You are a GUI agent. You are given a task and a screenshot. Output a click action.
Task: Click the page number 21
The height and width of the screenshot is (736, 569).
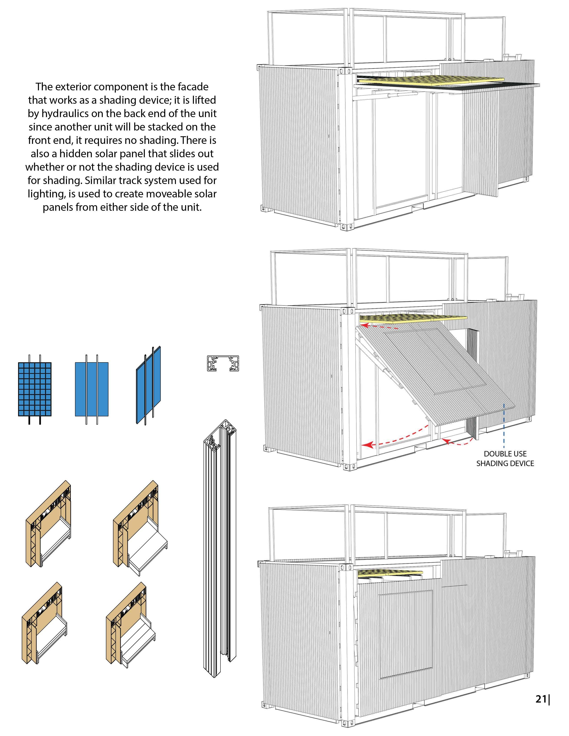[x=541, y=699]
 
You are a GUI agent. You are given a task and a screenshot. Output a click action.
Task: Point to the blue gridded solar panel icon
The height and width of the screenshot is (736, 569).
[x=35, y=389]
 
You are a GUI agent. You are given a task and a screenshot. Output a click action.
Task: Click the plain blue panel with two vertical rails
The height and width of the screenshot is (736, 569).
[x=91, y=389]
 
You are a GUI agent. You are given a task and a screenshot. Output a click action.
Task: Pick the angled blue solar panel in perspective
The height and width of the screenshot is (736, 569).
[x=149, y=385]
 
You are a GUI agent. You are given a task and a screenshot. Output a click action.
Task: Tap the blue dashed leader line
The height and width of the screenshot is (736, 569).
[x=504, y=425]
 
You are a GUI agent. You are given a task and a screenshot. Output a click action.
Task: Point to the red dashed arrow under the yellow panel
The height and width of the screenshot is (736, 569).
[x=378, y=327]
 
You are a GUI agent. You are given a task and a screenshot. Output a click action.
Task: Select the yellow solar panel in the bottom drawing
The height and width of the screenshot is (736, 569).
[x=389, y=572]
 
